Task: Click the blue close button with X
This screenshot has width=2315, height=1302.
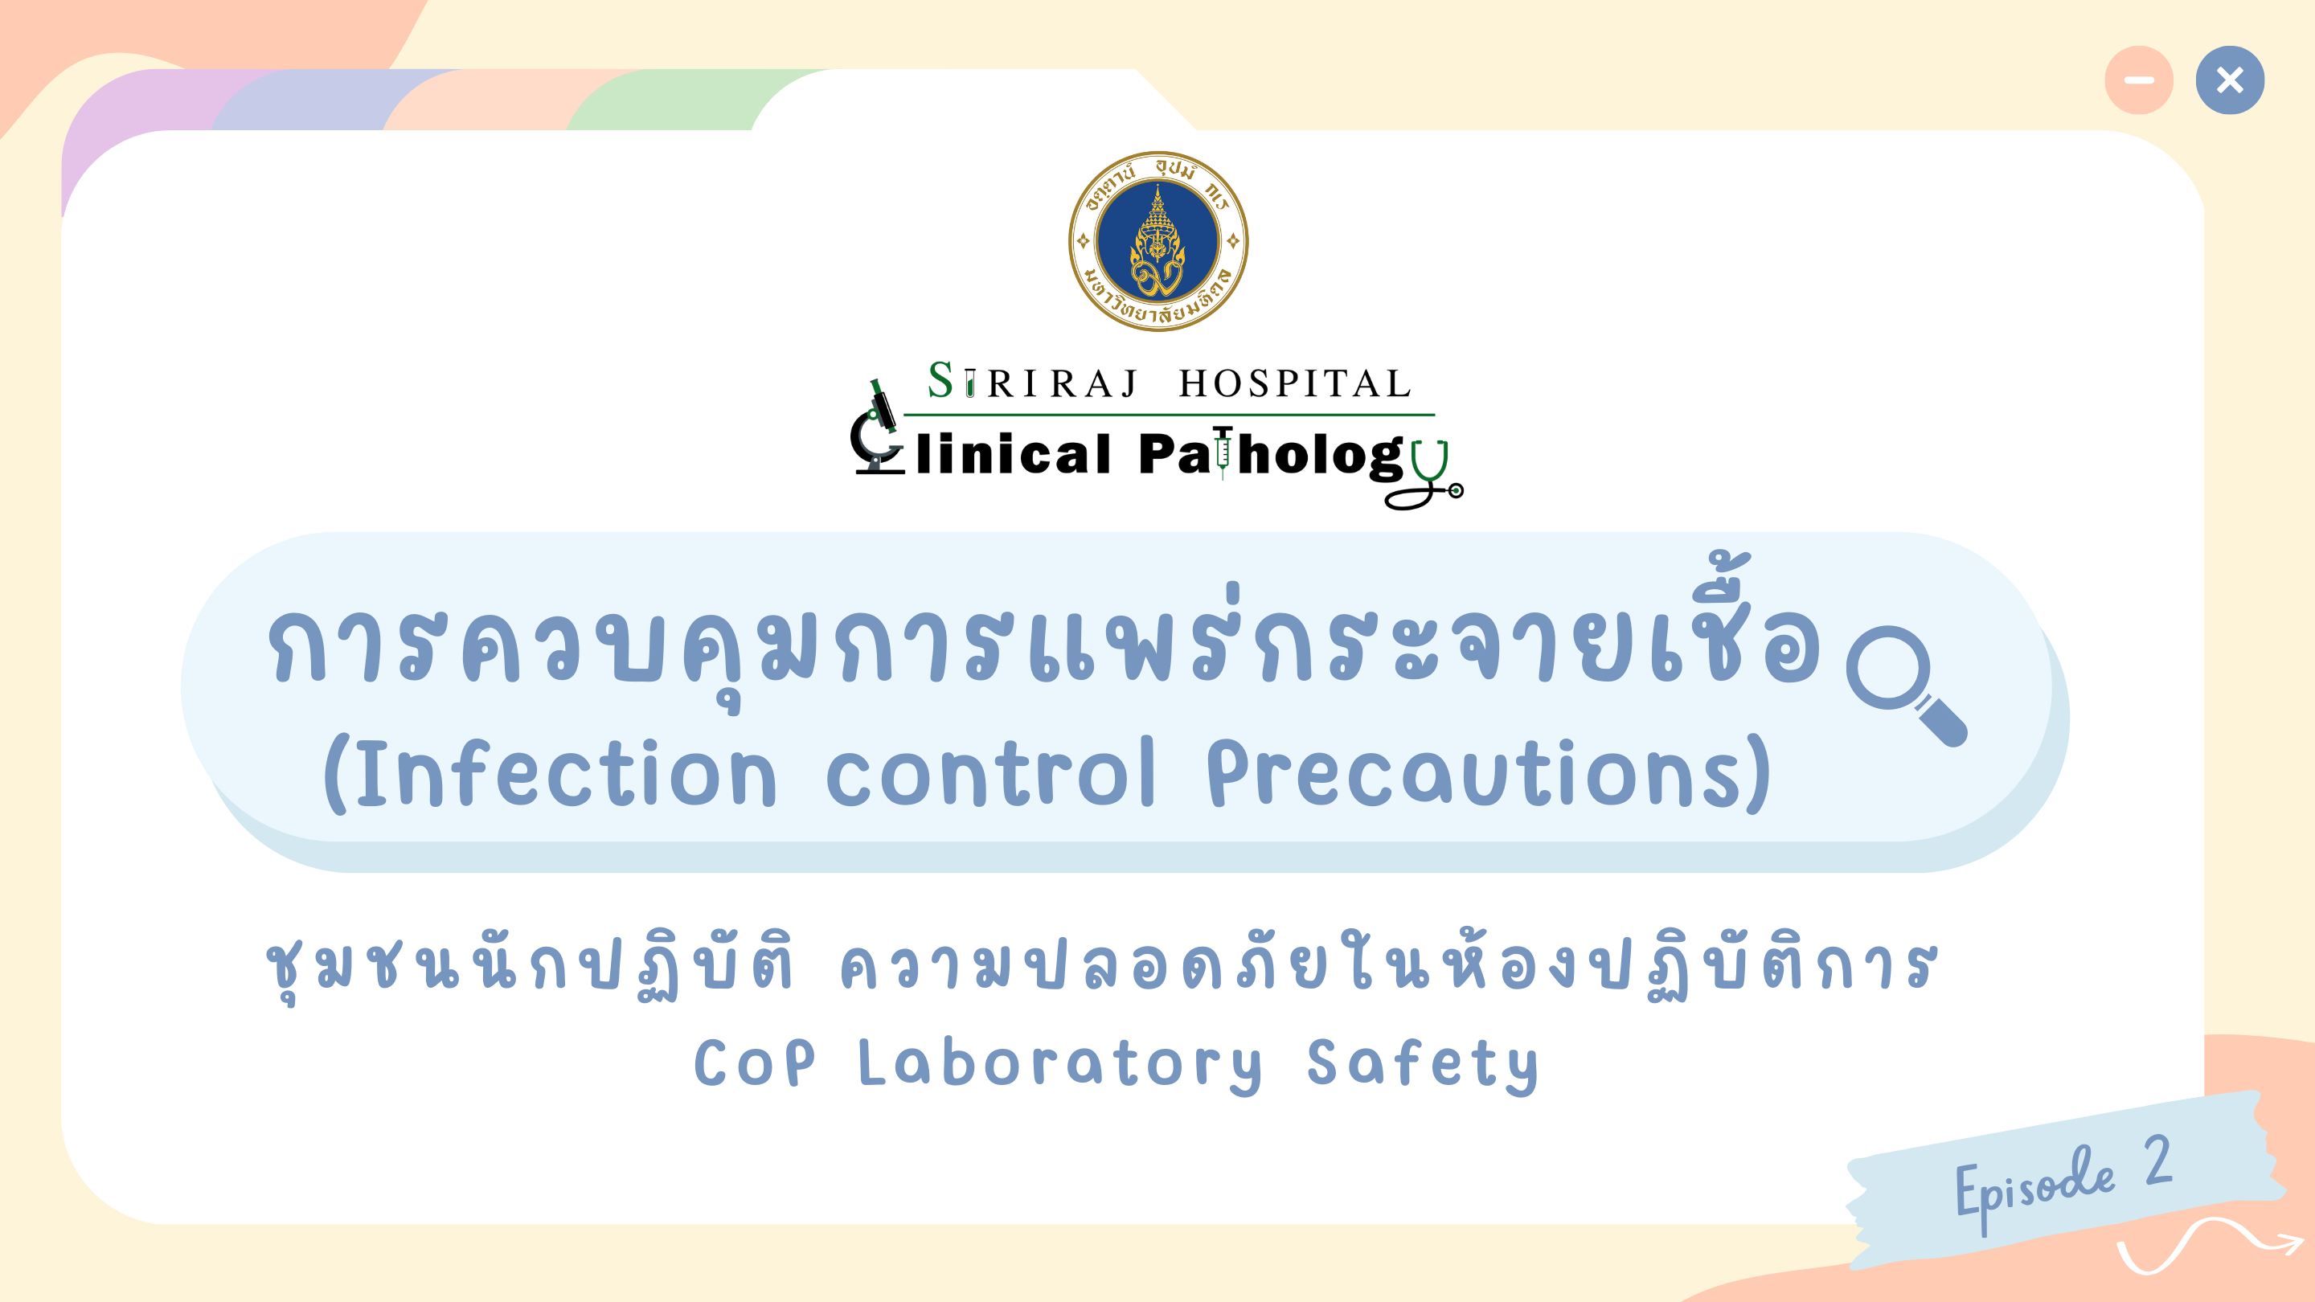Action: point(2230,80)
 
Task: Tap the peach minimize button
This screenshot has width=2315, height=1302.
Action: point(2139,80)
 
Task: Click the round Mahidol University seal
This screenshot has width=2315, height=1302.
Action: point(1157,242)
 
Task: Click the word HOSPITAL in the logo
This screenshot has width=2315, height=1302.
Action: point(1294,383)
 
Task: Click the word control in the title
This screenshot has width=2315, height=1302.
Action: point(990,772)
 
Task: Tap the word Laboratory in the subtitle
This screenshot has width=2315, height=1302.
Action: point(1059,1066)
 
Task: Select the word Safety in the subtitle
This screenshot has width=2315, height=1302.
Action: point(1422,1066)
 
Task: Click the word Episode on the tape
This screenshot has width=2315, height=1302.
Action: point(2034,1188)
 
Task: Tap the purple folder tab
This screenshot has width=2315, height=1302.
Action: point(135,117)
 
